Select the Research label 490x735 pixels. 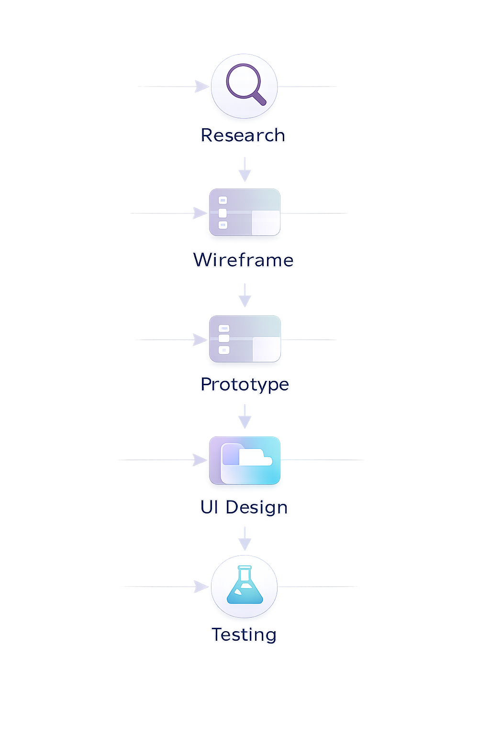point(243,135)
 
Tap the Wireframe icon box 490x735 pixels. point(245,212)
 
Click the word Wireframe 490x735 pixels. point(243,260)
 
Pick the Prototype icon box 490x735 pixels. point(245,339)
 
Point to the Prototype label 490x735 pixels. point(245,384)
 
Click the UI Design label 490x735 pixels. point(244,507)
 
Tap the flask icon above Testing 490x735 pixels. point(245,586)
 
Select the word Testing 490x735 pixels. point(244,635)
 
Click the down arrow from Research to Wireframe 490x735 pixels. point(245,170)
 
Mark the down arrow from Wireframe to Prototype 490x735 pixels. point(245,296)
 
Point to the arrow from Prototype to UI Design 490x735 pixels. point(245,417)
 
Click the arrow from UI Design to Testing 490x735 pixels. point(245,540)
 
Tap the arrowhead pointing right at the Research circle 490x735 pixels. point(201,87)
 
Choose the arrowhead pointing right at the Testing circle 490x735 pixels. point(201,586)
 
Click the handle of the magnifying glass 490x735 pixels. point(258,98)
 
